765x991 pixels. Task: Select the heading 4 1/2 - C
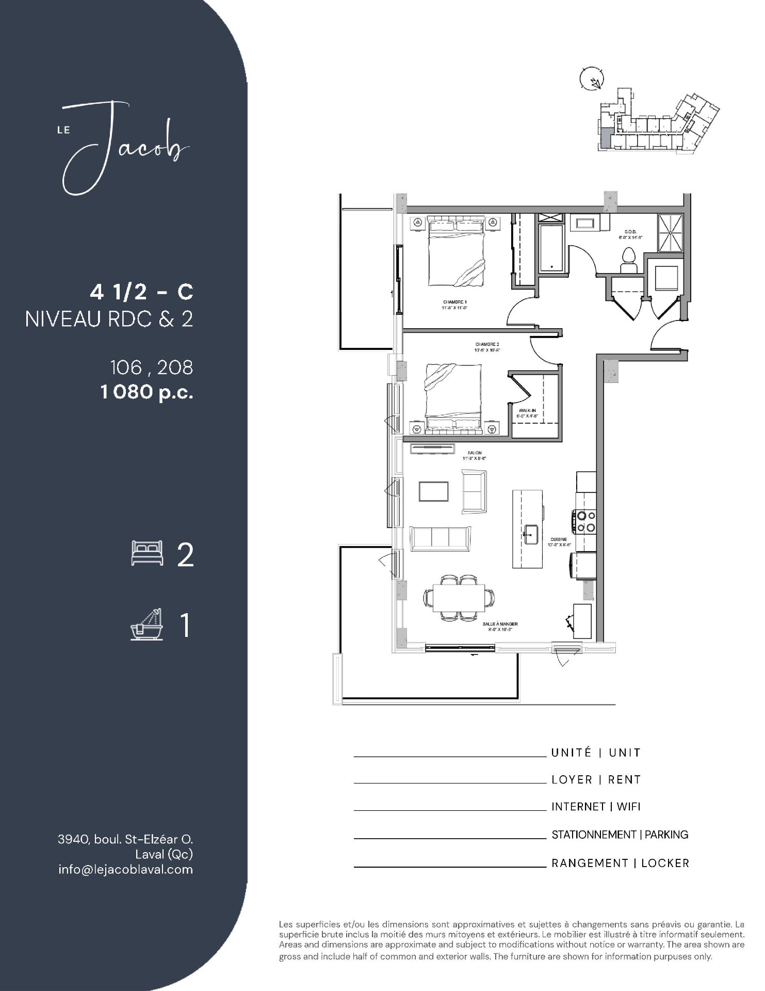(141, 293)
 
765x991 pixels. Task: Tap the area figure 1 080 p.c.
(147, 393)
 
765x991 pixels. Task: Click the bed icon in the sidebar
(147, 553)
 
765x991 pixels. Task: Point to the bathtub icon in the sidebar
(147, 625)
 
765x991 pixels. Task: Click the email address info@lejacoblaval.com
(125, 869)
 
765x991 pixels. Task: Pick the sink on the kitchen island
(530, 534)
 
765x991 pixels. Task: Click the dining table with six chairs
(459, 598)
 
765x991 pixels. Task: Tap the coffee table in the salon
(434, 491)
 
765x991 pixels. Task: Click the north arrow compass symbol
(590, 79)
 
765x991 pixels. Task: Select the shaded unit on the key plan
(605, 139)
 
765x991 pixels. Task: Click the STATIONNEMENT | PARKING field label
(620, 835)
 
